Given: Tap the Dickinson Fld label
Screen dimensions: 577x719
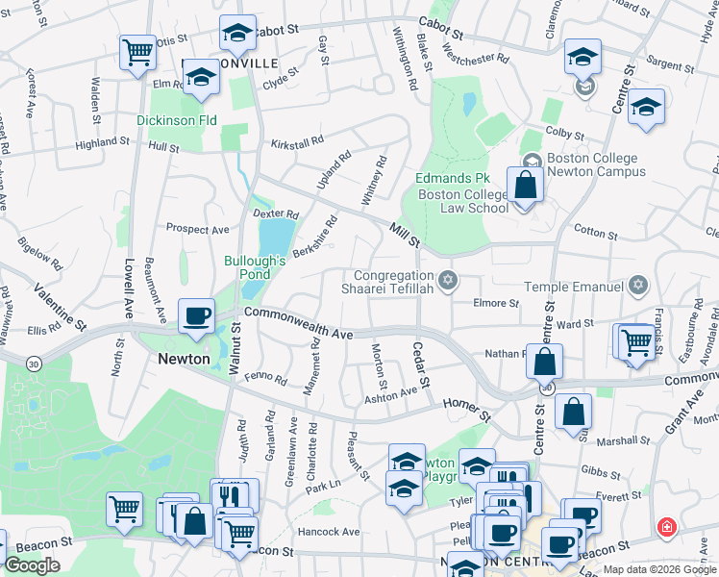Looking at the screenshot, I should point(176,120).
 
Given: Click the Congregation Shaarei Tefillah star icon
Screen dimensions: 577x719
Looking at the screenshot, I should point(446,281).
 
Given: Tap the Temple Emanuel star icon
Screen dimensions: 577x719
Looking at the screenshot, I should point(637,286).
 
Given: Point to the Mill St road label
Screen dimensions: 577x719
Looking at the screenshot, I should point(406,234).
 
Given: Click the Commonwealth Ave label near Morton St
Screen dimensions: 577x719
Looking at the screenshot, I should point(299,323).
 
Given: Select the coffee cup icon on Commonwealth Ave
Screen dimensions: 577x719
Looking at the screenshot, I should point(196,315).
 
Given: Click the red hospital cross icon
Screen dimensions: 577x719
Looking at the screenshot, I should point(665,528).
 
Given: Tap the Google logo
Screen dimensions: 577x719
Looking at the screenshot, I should point(32,565).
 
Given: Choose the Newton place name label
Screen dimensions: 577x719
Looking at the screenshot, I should point(184,359).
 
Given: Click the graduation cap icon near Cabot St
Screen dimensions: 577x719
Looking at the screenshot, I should point(236,33).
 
